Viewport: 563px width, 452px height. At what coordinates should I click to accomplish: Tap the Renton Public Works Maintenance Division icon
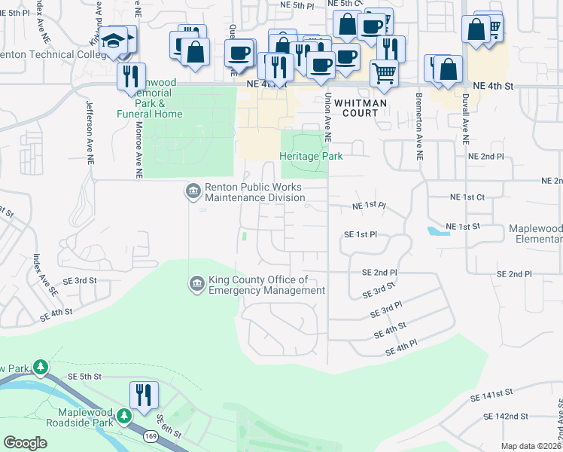point(193,191)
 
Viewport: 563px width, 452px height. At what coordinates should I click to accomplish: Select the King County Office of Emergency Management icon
point(196,283)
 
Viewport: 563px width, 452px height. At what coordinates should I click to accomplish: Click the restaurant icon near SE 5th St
point(144,394)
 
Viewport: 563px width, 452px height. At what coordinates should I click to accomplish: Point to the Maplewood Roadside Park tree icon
point(125,415)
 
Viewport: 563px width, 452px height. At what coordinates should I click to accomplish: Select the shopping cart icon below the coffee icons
point(384,73)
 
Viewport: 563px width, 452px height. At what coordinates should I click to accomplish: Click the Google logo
point(25,443)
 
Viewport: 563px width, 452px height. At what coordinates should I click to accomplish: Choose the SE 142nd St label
point(506,416)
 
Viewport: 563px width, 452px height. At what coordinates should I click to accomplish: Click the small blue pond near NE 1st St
point(437,231)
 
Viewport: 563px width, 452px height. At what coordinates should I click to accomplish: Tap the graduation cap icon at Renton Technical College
point(115,41)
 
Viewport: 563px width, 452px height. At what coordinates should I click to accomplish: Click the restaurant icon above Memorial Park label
point(132,76)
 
